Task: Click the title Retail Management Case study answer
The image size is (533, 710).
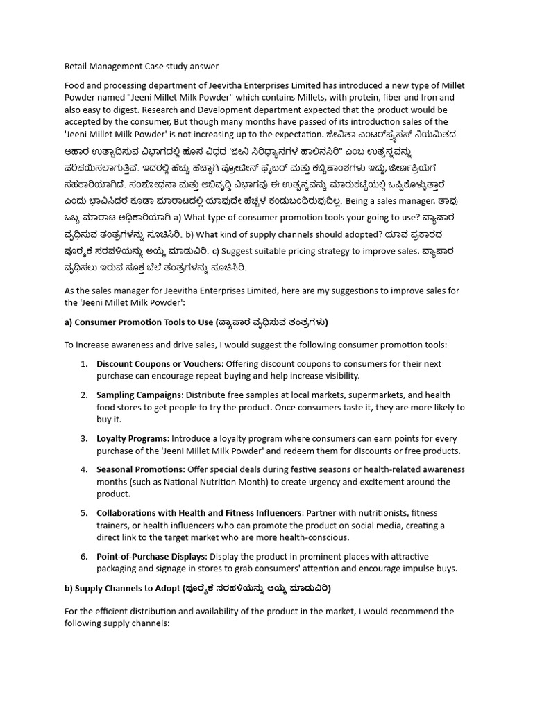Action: click(141, 67)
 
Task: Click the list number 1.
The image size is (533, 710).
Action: click(83, 364)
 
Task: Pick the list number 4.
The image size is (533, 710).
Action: click(83, 469)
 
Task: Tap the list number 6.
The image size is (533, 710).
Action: click(83, 557)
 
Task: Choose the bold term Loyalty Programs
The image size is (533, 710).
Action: click(132, 439)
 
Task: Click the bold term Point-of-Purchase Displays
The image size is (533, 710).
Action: click(151, 557)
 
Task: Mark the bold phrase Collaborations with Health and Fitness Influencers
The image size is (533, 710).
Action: click(199, 513)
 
